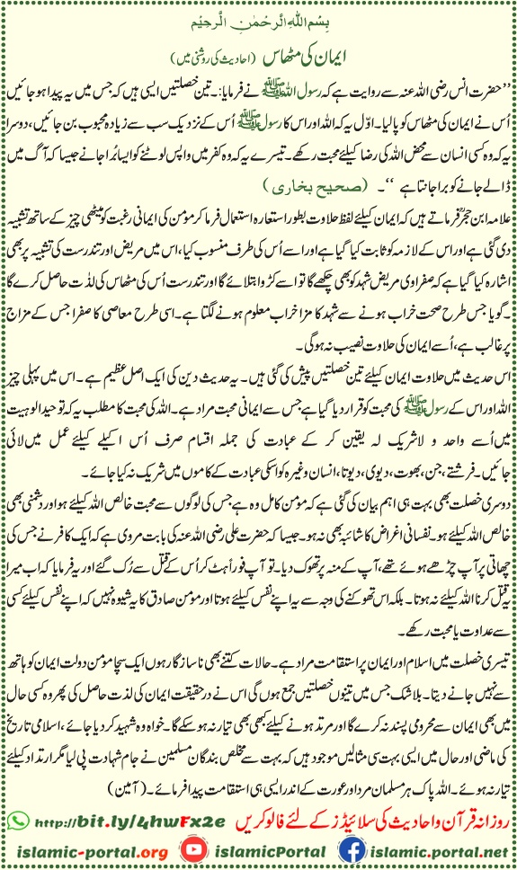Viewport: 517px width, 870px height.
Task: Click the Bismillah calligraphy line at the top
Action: click(258, 20)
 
